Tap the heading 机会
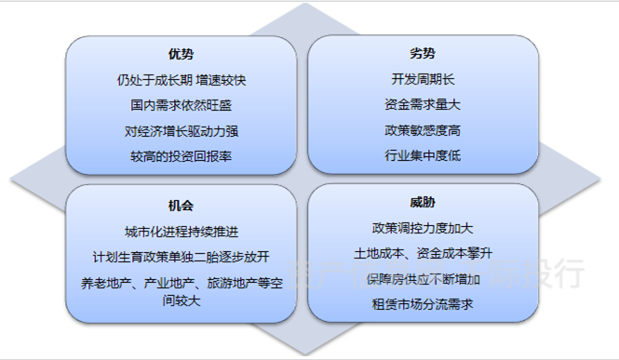[x=181, y=205]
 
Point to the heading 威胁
[x=422, y=202]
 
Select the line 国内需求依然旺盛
[x=181, y=105]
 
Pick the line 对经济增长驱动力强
[x=181, y=131]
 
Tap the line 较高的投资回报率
[x=181, y=156]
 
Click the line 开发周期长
[x=422, y=79]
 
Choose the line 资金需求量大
[x=422, y=105]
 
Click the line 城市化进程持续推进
[x=181, y=231]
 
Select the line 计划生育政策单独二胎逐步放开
[x=181, y=257]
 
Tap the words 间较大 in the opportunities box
[x=181, y=300]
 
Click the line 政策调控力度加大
[x=422, y=227]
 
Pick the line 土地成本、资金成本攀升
[x=422, y=253]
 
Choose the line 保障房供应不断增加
[x=422, y=279]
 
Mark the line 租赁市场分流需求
[x=422, y=304]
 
